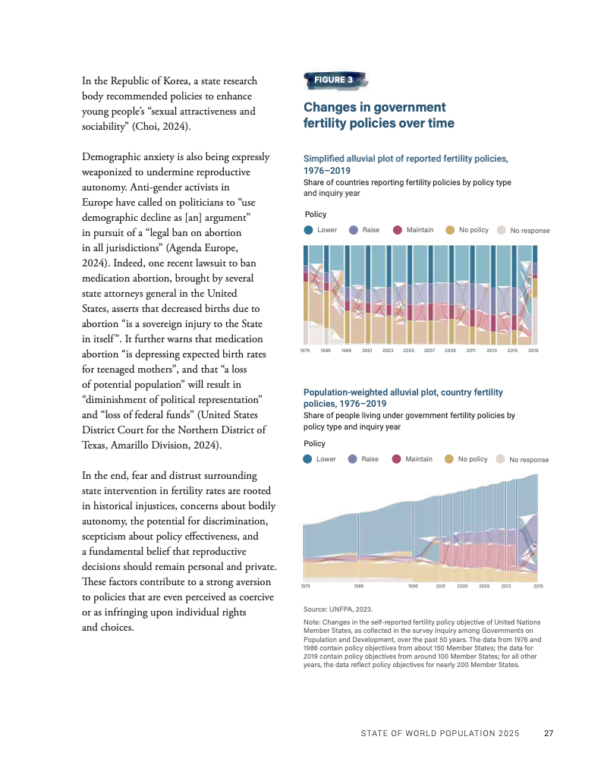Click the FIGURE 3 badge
[x=335, y=80]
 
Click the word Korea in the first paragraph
[x=175, y=80]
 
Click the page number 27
[x=549, y=733]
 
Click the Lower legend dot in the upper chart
[x=308, y=230]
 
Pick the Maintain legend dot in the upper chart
[x=398, y=230]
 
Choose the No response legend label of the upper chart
[x=530, y=230]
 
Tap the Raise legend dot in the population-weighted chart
[x=352, y=459]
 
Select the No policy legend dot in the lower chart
[x=448, y=459]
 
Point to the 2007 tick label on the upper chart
[x=430, y=351]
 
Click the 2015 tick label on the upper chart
[x=512, y=351]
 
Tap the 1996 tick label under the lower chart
[x=413, y=586]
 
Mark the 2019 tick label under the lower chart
[x=538, y=586]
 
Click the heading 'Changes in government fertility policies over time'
[x=379, y=115]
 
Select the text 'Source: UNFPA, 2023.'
[x=338, y=609]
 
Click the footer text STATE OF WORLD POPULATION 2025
[x=440, y=733]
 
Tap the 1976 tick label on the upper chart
[x=305, y=351]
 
